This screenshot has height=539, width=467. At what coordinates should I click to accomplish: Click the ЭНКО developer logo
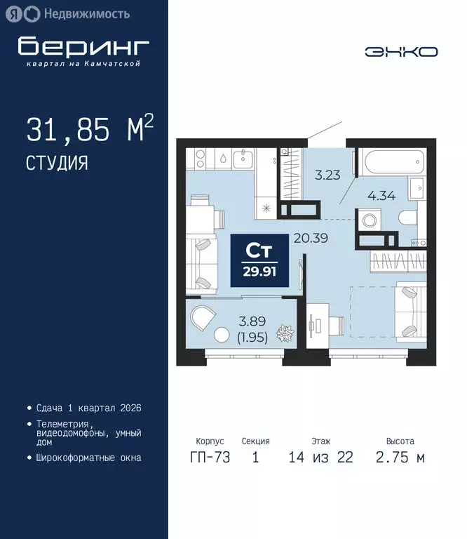(x=401, y=51)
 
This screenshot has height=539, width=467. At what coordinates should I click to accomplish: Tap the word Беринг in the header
(x=83, y=46)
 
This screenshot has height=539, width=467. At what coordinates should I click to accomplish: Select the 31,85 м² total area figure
(x=90, y=131)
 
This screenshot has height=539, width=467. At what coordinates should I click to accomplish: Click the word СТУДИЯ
(x=57, y=164)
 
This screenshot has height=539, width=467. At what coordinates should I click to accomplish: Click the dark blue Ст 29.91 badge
(x=259, y=260)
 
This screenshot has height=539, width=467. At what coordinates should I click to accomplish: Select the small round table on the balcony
(x=224, y=335)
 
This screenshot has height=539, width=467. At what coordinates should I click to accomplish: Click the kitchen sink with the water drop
(x=222, y=159)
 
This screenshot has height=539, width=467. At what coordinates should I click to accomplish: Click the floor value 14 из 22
(x=320, y=458)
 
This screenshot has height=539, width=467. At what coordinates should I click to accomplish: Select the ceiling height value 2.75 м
(x=400, y=458)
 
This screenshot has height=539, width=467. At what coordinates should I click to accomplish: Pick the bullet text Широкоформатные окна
(x=88, y=458)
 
